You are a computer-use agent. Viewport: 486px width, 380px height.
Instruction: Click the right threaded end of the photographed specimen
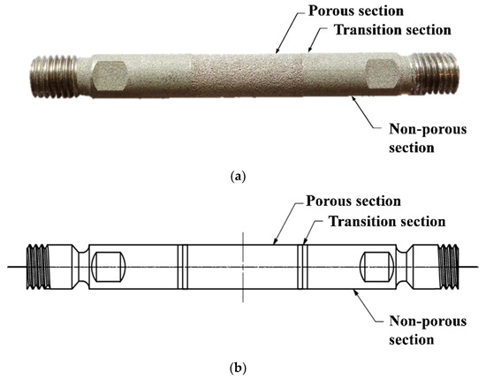point(435,69)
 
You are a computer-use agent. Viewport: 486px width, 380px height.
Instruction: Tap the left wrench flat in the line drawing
point(109,264)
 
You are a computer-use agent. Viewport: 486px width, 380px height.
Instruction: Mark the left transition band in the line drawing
point(180,264)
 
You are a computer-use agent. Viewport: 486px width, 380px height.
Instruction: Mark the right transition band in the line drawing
point(302,264)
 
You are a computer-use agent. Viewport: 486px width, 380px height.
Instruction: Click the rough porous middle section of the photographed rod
point(239,70)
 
